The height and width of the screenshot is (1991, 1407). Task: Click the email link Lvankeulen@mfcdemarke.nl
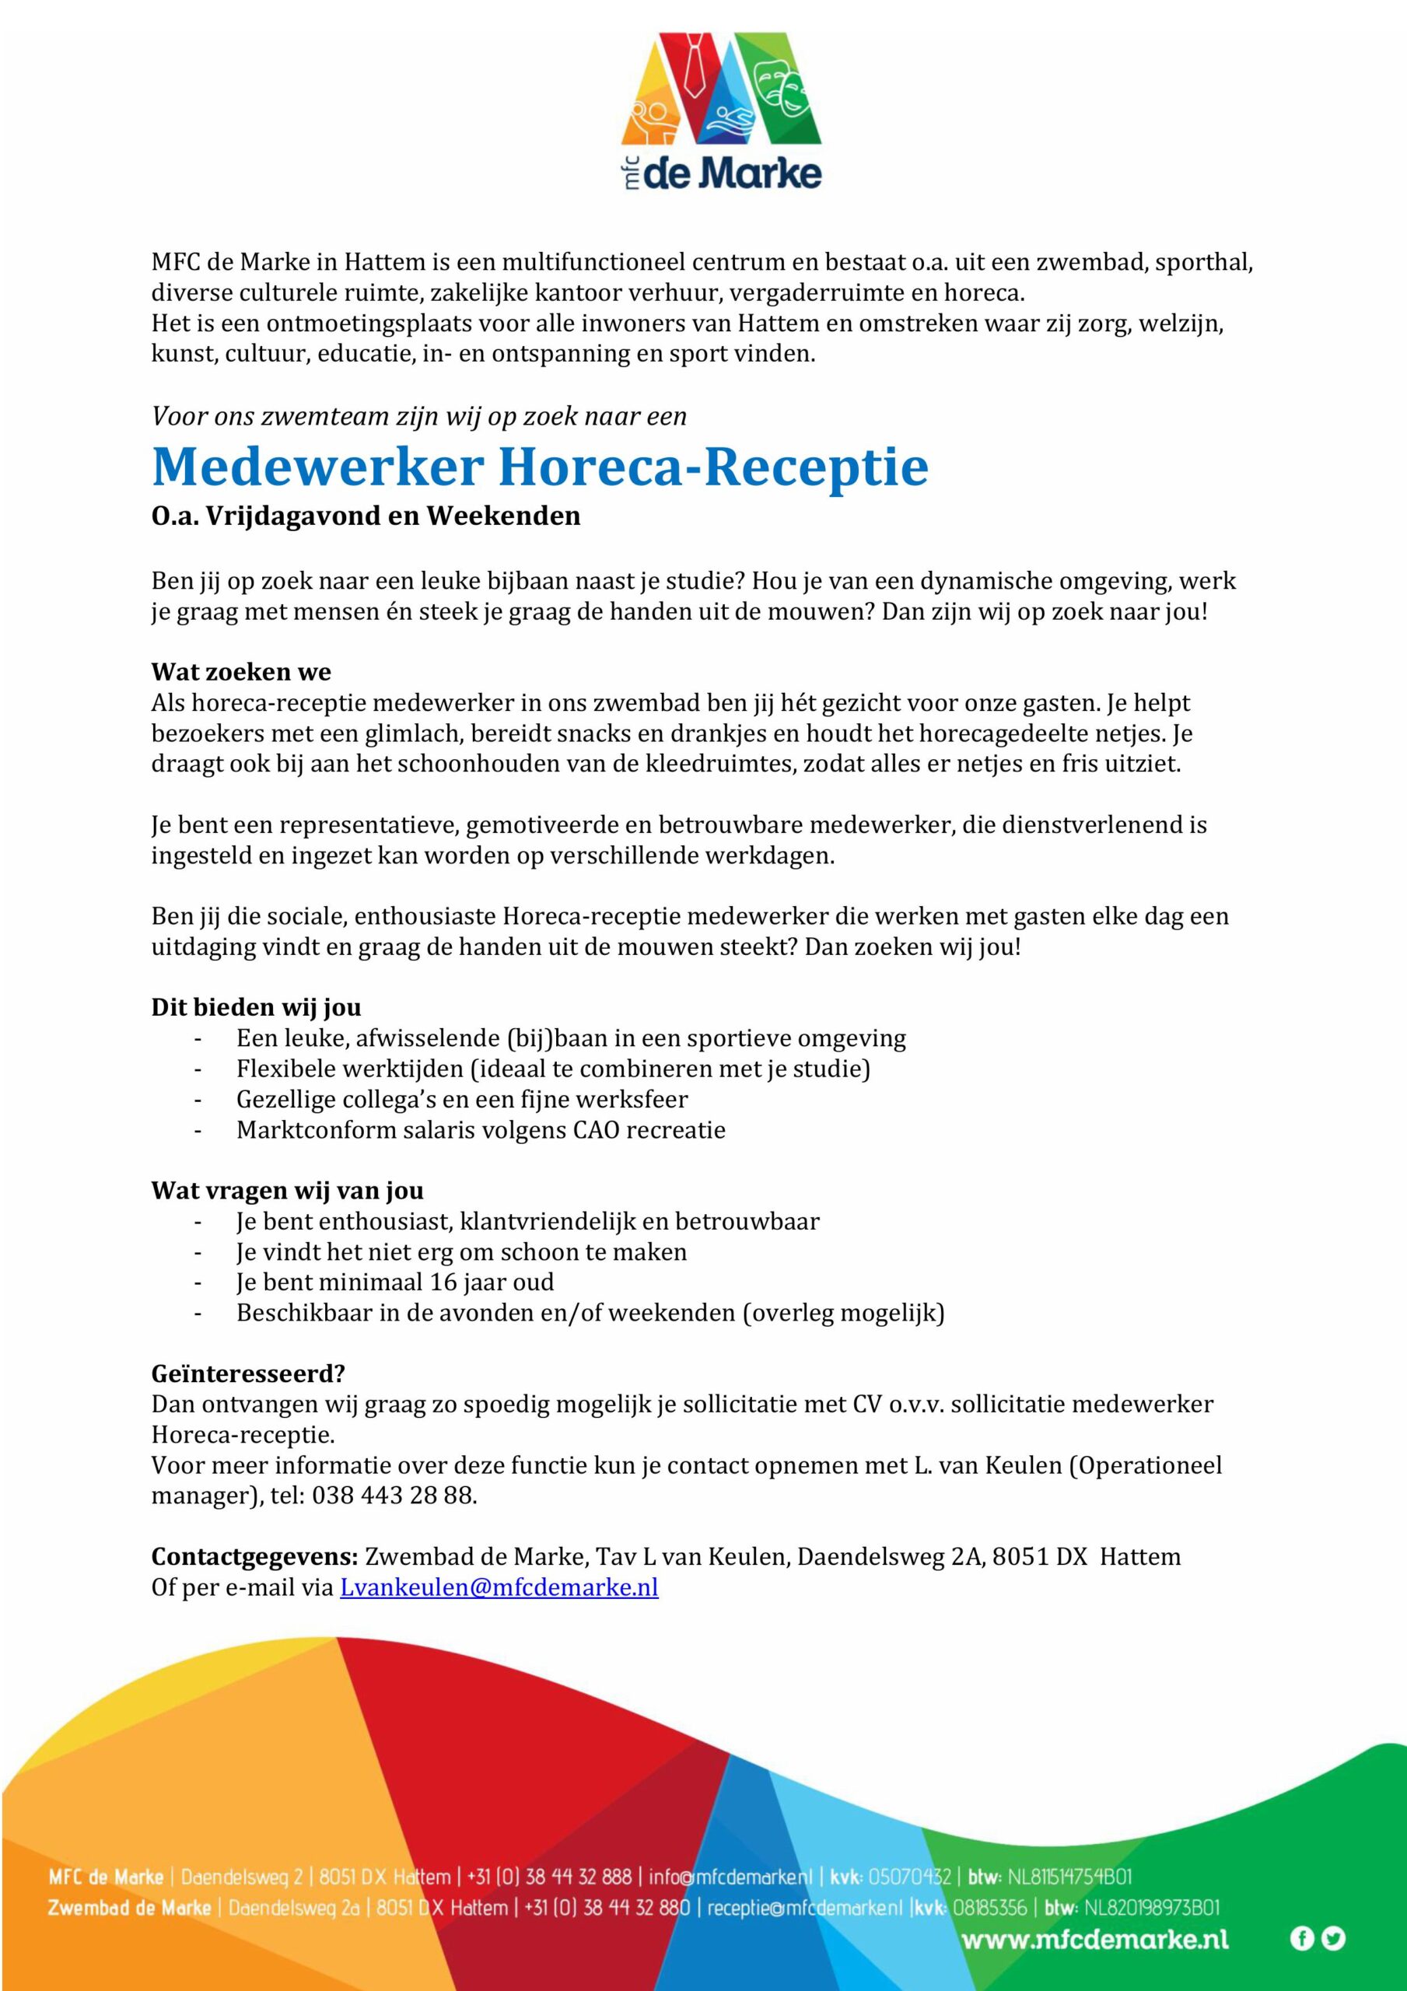pos(499,1588)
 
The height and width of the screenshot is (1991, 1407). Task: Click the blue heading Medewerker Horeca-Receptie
pos(540,467)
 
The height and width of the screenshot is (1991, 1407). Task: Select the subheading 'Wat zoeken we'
pos(241,672)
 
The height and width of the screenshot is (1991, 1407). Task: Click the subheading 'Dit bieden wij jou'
pos(256,1006)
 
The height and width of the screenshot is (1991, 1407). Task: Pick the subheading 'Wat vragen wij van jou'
pos(287,1190)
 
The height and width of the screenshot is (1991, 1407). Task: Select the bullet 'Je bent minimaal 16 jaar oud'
pos(394,1282)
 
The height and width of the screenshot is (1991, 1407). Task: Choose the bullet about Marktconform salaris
pos(481,1130)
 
